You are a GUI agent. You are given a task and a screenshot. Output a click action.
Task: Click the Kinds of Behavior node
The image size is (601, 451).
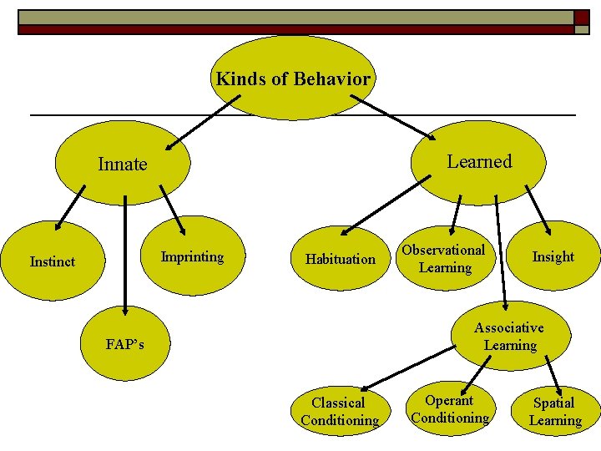pos(293,79)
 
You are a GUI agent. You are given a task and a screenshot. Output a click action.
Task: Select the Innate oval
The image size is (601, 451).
pos(123,165)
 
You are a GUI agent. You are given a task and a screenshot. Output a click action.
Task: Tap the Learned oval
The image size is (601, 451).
pos(478,161)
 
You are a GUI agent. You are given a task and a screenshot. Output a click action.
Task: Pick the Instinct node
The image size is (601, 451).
pos(53,261)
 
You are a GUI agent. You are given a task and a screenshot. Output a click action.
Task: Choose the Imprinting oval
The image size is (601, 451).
pos(192,256)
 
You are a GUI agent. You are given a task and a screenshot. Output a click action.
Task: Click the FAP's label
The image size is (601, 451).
pos(125,344)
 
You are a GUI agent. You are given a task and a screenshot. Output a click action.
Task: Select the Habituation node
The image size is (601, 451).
pos(341,259)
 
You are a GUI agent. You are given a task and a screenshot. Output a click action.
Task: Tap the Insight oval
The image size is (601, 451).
pos(553,256)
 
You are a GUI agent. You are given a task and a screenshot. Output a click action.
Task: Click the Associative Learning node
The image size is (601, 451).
pos(509,336)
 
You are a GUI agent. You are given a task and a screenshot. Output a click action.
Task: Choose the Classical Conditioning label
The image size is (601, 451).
pos(340,412)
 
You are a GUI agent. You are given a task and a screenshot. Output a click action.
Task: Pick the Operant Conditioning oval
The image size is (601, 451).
pos(450,409)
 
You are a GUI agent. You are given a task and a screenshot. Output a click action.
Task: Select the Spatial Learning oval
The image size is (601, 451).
pos(555,412)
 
